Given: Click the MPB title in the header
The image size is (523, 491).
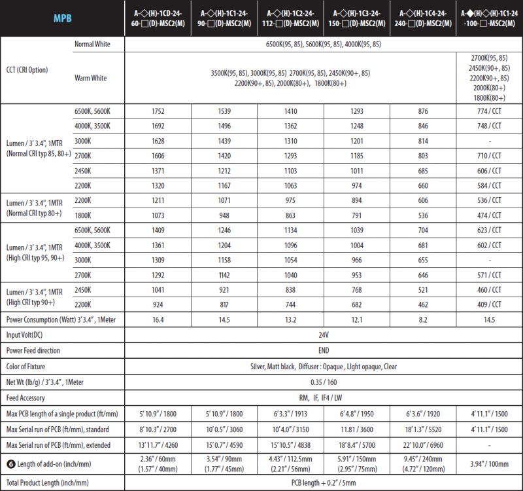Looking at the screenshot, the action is (x=63, y=18).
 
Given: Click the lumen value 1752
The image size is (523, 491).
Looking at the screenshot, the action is (x=157, y=111).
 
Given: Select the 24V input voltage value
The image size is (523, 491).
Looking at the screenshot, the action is (x=323, y=335).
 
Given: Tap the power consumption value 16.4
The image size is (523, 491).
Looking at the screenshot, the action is (x=157, y=319).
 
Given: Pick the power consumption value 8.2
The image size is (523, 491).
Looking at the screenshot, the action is (x=422, y=319).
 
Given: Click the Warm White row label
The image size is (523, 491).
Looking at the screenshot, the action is (x=91, y=78).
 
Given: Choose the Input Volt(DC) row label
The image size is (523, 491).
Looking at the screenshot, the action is (x=29, y=335).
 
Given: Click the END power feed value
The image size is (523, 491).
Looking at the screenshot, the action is (x=323, y=351).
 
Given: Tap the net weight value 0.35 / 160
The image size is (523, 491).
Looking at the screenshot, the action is (x=323, y=382).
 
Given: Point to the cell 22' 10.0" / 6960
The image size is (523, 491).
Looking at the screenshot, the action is (x=422, y=445).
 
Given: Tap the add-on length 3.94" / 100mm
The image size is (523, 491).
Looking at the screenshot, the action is (x=488, y=463).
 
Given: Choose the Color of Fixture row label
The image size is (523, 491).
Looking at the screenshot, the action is (x=25, y=367).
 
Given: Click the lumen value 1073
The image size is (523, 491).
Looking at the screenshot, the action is (x=157, y=215).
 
